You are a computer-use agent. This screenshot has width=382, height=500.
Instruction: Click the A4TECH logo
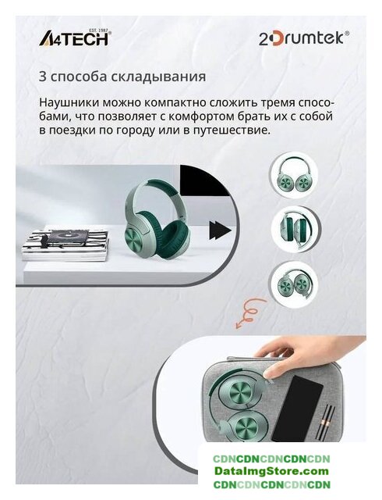[x=75, y=37]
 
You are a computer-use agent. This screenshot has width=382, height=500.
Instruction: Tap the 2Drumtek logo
[x=304, y=38]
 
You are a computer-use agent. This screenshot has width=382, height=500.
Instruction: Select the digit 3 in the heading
[x=42, y=77]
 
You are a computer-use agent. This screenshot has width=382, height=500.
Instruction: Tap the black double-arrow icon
[x=220, y=230]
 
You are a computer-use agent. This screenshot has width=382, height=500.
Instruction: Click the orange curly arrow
[x=250, y=313]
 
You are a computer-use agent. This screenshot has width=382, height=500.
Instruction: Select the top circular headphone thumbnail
[x=293, y=177]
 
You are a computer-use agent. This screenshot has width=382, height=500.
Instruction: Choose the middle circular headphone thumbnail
[x=296, y=229]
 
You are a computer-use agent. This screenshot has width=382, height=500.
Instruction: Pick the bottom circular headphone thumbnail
[x=293, y=283]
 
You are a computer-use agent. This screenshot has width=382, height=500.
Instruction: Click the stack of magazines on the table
[x=65, y=245]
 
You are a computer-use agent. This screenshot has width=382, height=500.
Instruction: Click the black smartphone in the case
[x=297, y=409]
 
